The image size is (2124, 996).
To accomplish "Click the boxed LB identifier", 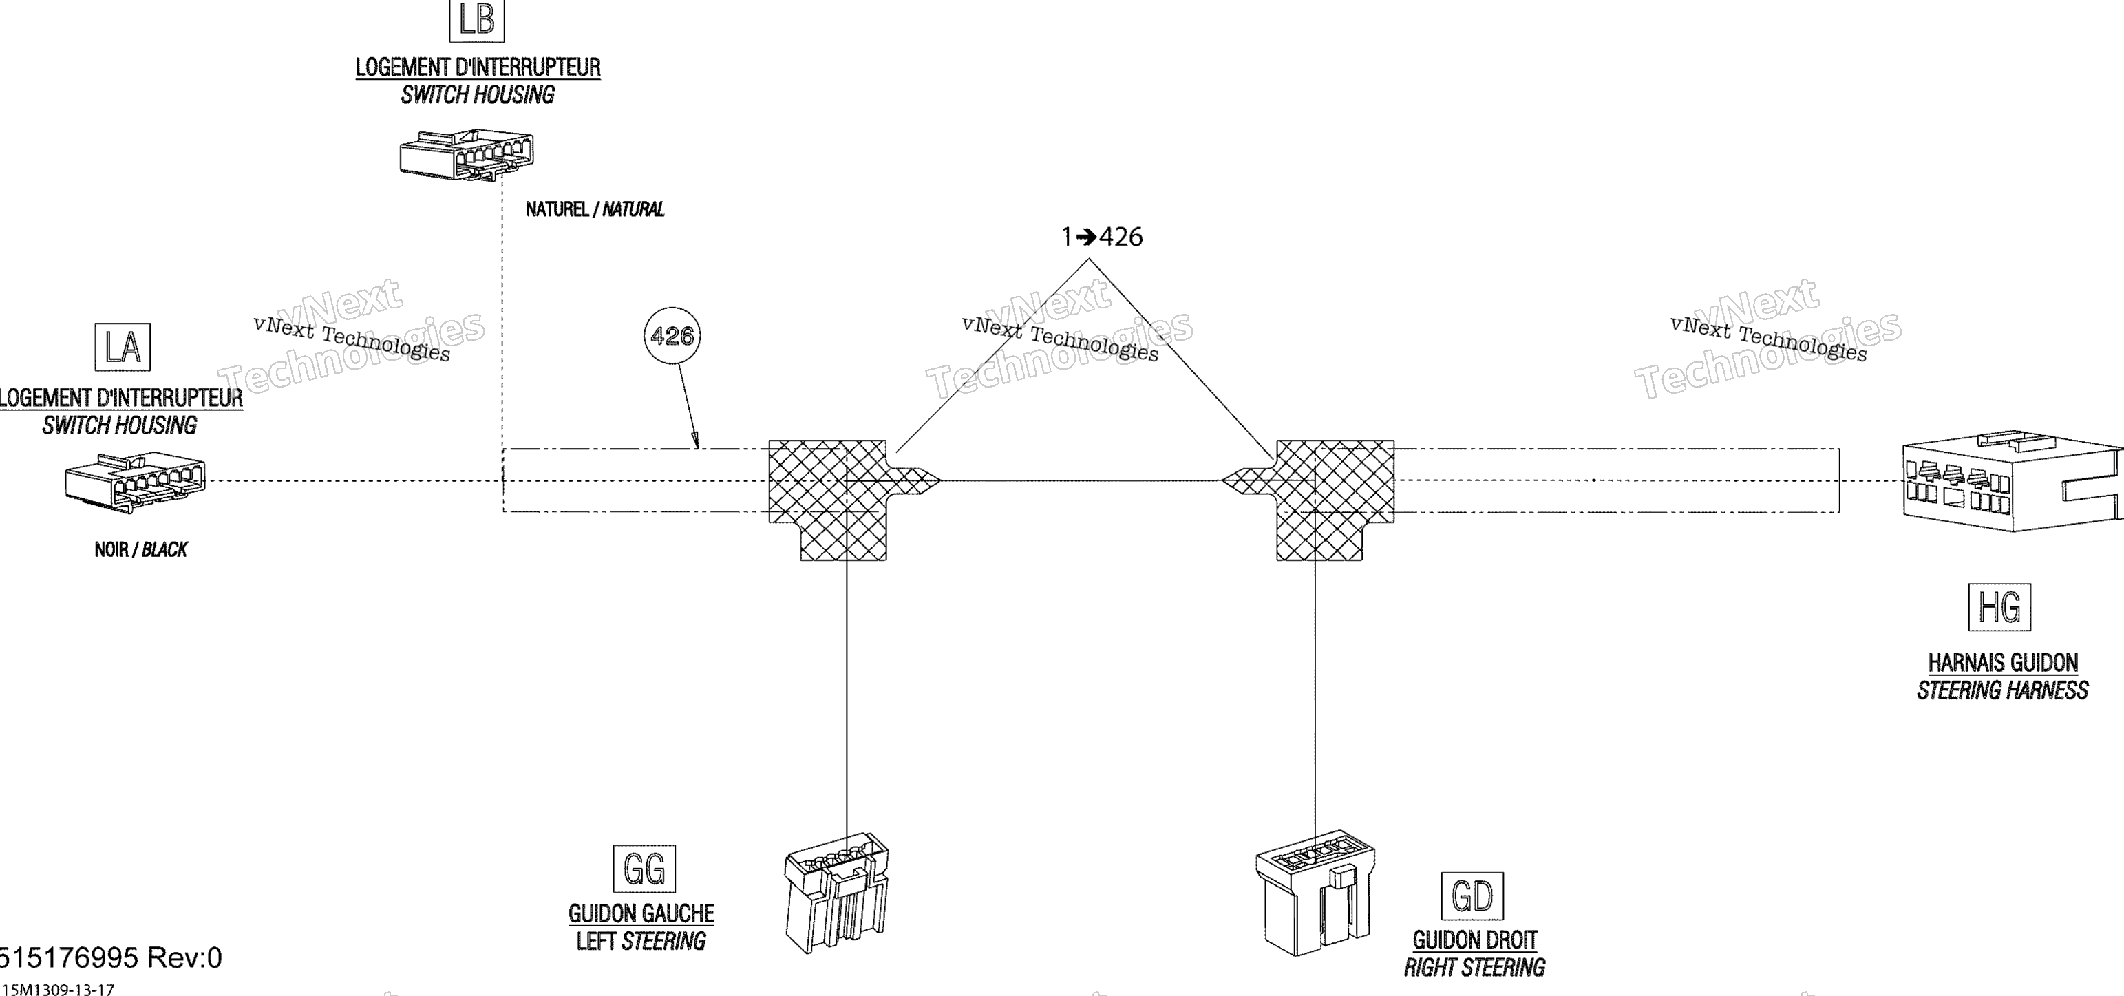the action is click(476, 20).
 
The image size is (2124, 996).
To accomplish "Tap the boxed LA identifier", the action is click(123, 346).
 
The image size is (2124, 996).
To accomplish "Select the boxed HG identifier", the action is click(1999, 607).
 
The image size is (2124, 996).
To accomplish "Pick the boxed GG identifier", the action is click(644, 868).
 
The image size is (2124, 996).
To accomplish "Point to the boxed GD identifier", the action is click(1472, 896).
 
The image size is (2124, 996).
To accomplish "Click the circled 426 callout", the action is click(672, 336).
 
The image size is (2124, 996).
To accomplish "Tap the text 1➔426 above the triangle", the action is click(1102, 237).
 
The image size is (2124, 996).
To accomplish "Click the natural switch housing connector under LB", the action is click(467, 155).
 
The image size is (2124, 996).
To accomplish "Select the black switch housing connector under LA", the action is click(135, 483).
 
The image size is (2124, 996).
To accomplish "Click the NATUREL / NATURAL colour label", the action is click(595, 209).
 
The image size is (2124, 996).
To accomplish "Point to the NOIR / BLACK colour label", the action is click(141, 550).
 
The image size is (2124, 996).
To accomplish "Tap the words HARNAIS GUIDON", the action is click(2003, 663).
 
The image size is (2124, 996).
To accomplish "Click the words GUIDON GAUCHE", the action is click(641, 913).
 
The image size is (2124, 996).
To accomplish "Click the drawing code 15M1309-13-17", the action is click(58, 988).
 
